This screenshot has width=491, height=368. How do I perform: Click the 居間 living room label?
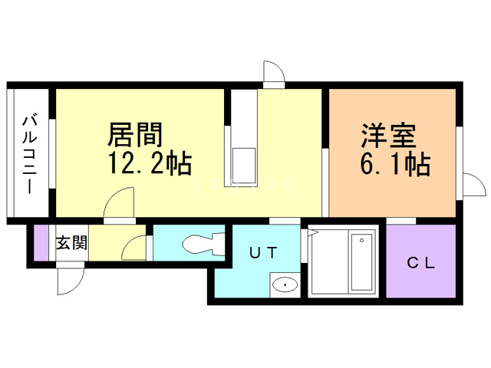(x=136, y=136)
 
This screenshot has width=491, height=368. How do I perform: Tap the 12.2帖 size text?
(x=151, y=164)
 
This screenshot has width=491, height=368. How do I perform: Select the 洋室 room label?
(x=389, y=136)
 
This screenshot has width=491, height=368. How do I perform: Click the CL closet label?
(x=420, y=263)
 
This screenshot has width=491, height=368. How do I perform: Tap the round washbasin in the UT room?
(x=285, y=285)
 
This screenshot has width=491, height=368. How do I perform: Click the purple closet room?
(x=420, y=263)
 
